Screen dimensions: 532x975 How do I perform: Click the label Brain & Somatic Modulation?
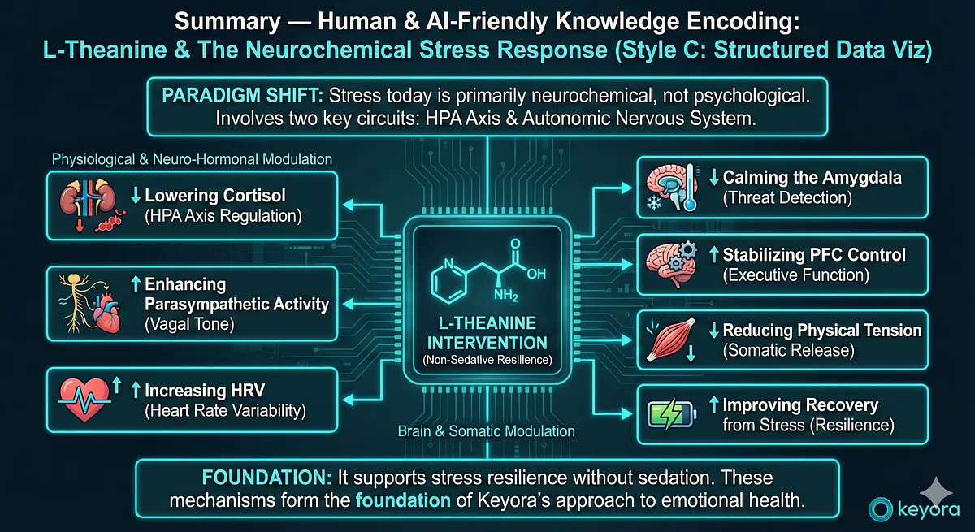click(x=486, y=431)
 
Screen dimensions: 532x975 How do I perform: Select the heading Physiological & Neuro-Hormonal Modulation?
click(x=192, y=158)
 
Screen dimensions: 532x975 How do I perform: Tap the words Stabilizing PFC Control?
click(x=814, y=255)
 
